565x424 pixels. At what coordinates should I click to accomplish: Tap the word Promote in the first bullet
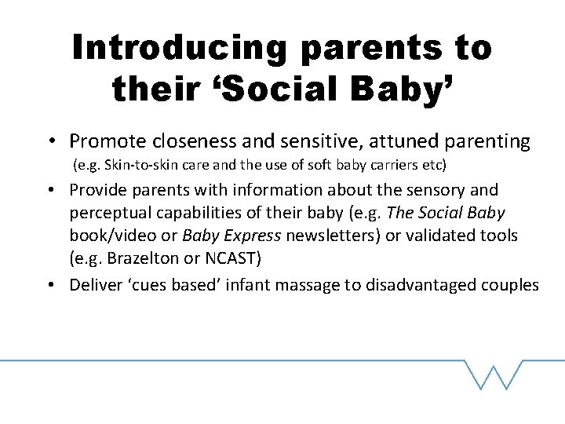[x=101, y=141]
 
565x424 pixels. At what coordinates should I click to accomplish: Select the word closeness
[x=178, y=141]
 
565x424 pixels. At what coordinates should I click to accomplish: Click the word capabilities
[x=200, y=214]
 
